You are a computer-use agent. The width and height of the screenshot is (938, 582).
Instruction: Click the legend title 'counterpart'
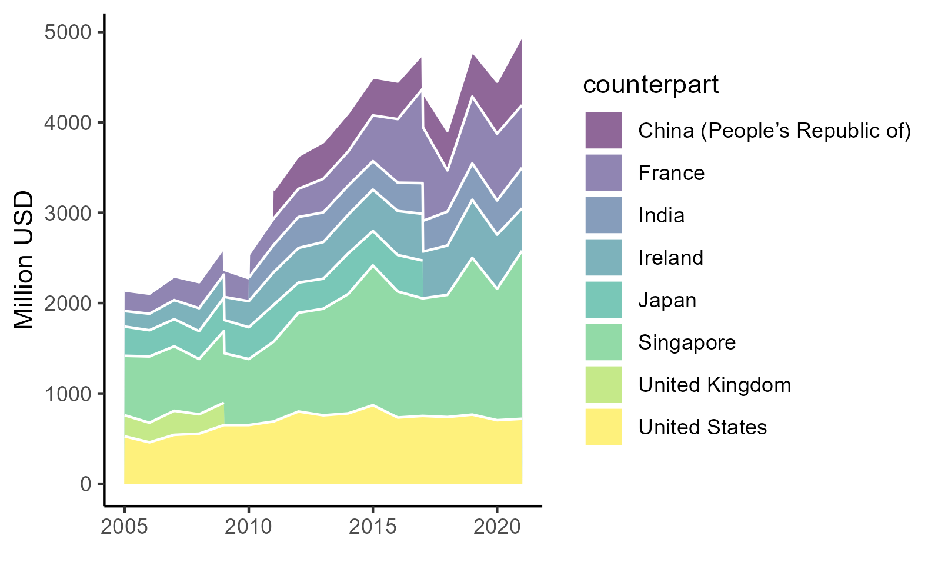[x=650, y=85]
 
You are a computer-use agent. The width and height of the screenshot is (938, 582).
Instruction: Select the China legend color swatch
[x=603, y=130]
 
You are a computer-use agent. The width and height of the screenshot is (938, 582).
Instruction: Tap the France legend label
[x=671, y=173]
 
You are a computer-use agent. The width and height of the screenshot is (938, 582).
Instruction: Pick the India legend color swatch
[x=603, y=215]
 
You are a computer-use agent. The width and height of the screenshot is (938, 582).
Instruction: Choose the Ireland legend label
[x=670, y=258]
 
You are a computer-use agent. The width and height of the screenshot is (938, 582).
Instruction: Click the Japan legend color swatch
[x=603, y=300]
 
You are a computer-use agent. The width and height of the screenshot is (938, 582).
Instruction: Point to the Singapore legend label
[x=687, y=342]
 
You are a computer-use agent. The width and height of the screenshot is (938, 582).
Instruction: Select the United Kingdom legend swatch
[x=603, y=384]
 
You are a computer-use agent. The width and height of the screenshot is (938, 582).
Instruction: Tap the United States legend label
[x=702, y=427]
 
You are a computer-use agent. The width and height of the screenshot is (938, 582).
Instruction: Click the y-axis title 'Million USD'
[x=24, y=260]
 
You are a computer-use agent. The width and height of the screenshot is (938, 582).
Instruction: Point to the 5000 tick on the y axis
[x=68, y=32]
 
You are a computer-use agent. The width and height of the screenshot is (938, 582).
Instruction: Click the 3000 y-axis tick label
[x=68, y=213]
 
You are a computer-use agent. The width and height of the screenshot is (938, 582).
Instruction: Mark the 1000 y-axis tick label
[x=68, y=394]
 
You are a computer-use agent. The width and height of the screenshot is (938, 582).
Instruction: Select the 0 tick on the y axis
[x=86, y=484]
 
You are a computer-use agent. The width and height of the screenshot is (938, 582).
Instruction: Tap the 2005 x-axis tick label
[x=124, y=527]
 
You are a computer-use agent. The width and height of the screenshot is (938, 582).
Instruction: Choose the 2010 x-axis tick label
[x=249, y=527]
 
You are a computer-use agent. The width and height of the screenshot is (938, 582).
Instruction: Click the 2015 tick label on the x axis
[x=373, y=527]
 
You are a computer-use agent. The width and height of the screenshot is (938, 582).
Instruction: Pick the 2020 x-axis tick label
[x=497, y=527]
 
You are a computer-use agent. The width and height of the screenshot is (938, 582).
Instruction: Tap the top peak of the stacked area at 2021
[x=522, y=40]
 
